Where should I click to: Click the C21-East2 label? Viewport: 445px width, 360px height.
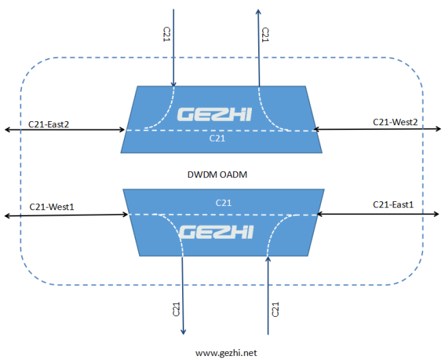point(49,125)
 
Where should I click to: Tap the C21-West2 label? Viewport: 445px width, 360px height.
point(395,122)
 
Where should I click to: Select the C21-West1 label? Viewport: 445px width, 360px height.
point(51,207)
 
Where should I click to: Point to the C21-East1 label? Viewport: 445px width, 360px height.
point(393,205)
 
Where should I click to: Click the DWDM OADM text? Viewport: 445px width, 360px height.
point(217,175)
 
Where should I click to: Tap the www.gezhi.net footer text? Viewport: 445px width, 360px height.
point(226,353)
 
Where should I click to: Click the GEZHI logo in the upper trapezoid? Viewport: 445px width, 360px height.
point(214,114)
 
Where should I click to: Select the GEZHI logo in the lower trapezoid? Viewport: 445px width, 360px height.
point(216,232)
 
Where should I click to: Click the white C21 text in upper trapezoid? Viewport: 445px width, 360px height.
point(217,138)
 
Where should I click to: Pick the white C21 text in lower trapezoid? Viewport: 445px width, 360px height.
point(223,203)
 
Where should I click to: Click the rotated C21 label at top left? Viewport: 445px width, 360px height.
point(166,34)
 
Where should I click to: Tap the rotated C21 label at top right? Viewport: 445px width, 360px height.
point(265,35)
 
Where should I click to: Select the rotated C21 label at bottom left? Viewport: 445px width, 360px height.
point(176,309)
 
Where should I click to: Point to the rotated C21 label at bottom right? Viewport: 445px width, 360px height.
point(275,309)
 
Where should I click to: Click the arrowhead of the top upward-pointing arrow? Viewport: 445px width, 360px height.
point(258,12)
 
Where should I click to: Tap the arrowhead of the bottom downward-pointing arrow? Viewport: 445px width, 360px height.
point(183,332)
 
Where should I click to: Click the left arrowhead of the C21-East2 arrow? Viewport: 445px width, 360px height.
point(7,129)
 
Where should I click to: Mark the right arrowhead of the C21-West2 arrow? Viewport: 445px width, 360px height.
point(438,129)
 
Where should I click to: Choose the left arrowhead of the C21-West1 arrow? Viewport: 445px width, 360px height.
point(7,216)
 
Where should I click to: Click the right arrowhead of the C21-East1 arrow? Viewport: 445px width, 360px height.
point(436,214)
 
